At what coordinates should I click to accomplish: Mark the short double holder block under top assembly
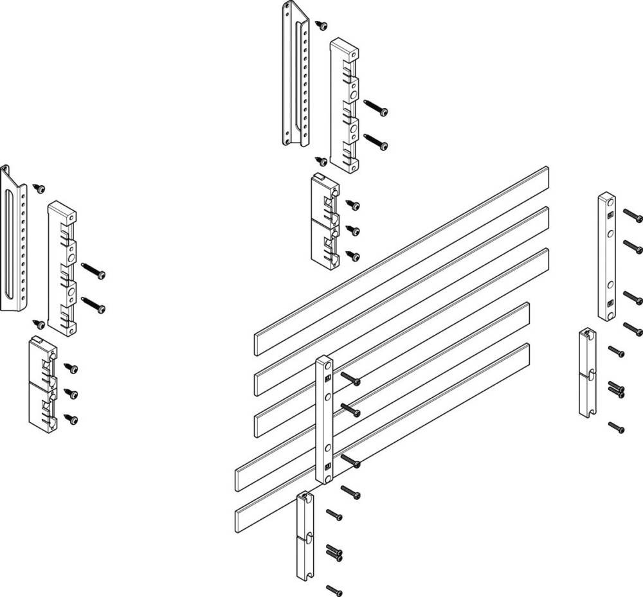324,218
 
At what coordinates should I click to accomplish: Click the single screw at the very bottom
334,589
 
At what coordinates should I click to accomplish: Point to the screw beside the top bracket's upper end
322,24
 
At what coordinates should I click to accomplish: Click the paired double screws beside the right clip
616,389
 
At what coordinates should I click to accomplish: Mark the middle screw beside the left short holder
71,393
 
